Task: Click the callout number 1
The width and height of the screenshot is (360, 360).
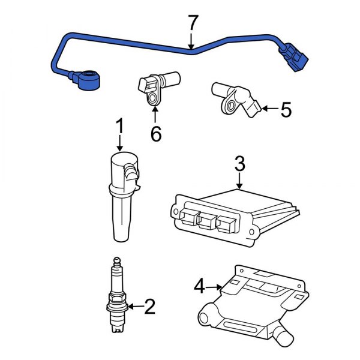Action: pyautogui.click(x=119, y=127)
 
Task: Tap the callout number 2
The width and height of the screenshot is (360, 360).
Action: pyautogui.click(x=149, y=307)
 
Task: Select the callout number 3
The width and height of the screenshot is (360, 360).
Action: pyautogui.click(x=239, y=163)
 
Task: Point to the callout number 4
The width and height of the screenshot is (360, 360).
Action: pyautogui.click(x=200, y=287)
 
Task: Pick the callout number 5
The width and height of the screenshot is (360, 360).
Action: pyautogui.click(x=286, y=109)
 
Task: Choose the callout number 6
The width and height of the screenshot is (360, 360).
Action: pyautogui.click(x=155, y=134)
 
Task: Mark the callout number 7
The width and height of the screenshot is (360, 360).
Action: pyautogui.click(x=192, y=24)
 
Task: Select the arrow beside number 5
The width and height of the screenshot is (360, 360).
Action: pyautogui.click(x=270, y=109)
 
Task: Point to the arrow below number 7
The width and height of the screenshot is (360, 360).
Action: pyautogui.click(x=191, y=42)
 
